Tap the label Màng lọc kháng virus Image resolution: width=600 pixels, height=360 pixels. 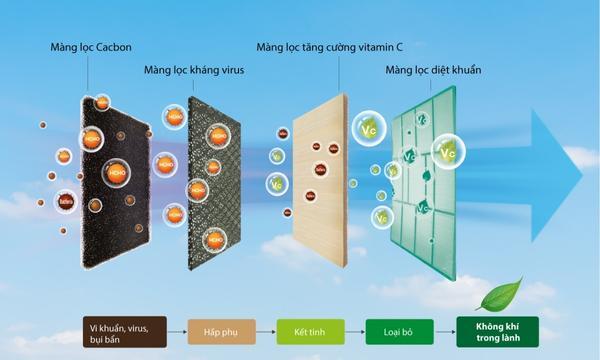click(193, 70)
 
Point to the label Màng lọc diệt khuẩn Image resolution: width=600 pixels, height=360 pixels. click(432, 70)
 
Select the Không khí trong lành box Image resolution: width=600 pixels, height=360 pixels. click(497, 331)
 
